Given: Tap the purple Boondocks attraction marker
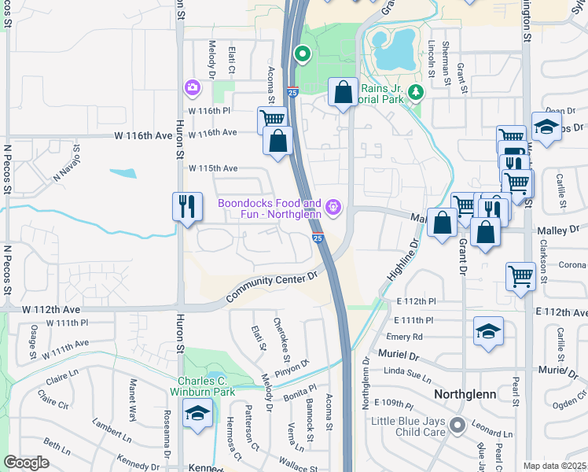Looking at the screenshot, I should [334, 207].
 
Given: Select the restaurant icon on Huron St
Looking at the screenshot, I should [186, 207].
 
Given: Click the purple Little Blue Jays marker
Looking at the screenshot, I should [455, 426].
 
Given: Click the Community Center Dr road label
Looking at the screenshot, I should [271, 287].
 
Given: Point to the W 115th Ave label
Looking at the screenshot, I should [212, 168].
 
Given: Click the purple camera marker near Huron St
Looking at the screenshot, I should [192, 87].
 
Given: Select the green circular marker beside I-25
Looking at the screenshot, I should [302, 54].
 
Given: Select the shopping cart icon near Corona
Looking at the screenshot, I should [520, 276].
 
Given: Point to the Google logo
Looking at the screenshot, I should [27, 463].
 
